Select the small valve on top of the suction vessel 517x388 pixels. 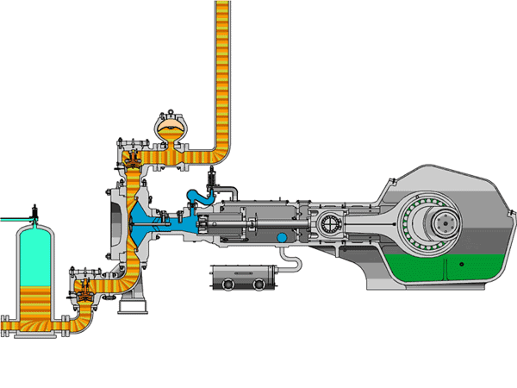pyautogui.click(x=34, y=211)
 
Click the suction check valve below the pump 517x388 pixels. pyautogui.click(x=85, y=291)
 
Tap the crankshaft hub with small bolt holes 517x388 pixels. pyautogui.click(x=445, y=225)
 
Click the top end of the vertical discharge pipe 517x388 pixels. pyautogui.click(x=221, y=7)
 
